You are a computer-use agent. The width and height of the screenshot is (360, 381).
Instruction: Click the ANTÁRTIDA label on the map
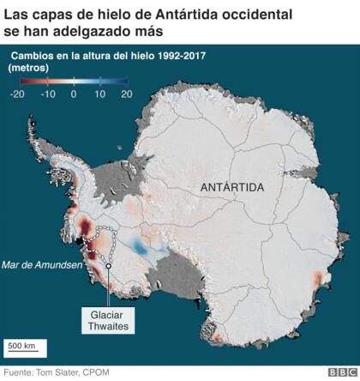(x=232, y=187)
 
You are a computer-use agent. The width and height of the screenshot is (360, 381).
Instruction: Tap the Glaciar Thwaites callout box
(x=107, y=321)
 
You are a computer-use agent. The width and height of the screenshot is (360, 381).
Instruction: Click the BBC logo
(x=341, y=372)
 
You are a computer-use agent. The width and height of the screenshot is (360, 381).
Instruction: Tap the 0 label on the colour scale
(x=74, y=94)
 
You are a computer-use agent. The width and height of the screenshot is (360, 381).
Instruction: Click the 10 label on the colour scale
(x=99, y=94)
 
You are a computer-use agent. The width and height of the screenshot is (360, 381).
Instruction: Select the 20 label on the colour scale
(x=127, y=94)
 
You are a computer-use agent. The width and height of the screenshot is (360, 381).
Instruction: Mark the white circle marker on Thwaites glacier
(x=109, y=264)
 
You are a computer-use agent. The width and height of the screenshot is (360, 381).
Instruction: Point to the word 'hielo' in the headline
(x=124, y=15)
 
